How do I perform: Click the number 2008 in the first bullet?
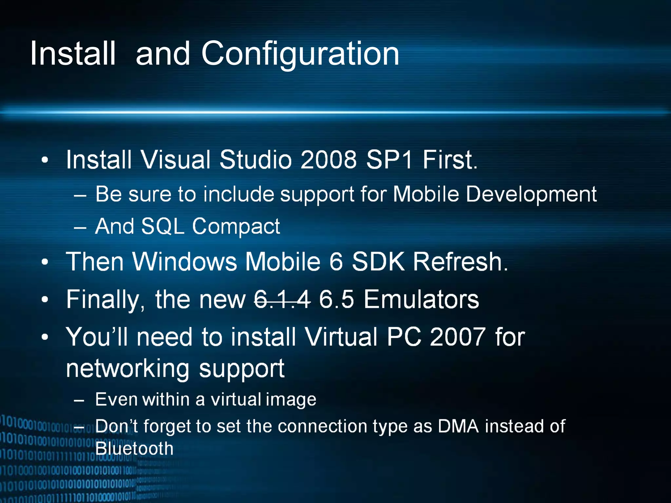coord(328,160)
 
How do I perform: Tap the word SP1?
coord(389,160)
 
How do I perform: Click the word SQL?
coord(163,226)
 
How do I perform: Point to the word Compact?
coord(236,227)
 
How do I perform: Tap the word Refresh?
coord(459,262)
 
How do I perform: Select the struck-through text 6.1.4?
coord(282,299)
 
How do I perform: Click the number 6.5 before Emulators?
coord(336,299)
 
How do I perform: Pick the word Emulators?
coord(421,299)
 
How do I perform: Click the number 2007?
coord(457,337)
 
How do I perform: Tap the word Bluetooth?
coord(134,449)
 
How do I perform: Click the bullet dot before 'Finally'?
coord(45,299)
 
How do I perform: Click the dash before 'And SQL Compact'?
coord(80,227)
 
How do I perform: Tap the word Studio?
coord(256,160)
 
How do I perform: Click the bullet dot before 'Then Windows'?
coord(45,262)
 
